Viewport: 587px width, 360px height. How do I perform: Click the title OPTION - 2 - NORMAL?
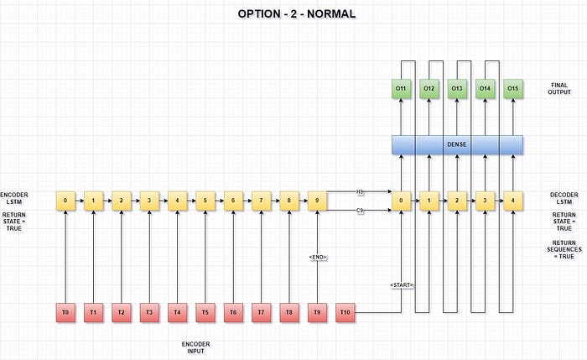coord(295,14)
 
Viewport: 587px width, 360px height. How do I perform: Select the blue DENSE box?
coord(457,144)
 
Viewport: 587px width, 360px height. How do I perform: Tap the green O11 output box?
coord(402,87)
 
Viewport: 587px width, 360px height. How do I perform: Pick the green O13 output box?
coord(457,87)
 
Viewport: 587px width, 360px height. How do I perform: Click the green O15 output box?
coord(513,87)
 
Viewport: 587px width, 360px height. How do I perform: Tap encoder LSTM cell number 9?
coord(317,201)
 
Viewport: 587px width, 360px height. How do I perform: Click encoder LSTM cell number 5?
coord(205,201)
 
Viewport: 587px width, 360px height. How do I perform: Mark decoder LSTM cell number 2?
coord(457,201)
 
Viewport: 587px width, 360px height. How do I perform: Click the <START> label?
coord(402,285)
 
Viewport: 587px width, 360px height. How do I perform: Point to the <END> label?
coord(317,257)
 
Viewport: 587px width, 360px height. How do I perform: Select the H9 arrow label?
coord(361,192)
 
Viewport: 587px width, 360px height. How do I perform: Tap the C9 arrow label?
coord(361,211)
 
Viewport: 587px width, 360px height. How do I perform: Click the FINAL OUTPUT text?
coord(560,88)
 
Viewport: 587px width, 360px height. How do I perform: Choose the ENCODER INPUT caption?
coord(195,348)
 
